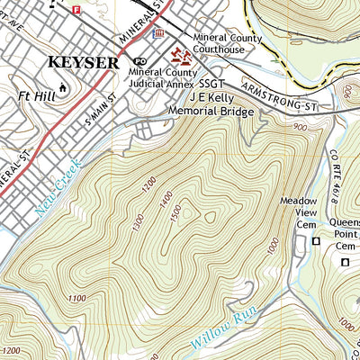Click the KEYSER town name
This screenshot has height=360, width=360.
(83, 63)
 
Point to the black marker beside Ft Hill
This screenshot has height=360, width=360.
(62, 87)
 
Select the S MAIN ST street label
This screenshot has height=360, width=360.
(101, 107)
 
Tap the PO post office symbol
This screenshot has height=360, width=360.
(139, 61)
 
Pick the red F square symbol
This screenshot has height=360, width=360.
(76, 9)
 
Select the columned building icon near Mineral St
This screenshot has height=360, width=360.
(159, 34)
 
